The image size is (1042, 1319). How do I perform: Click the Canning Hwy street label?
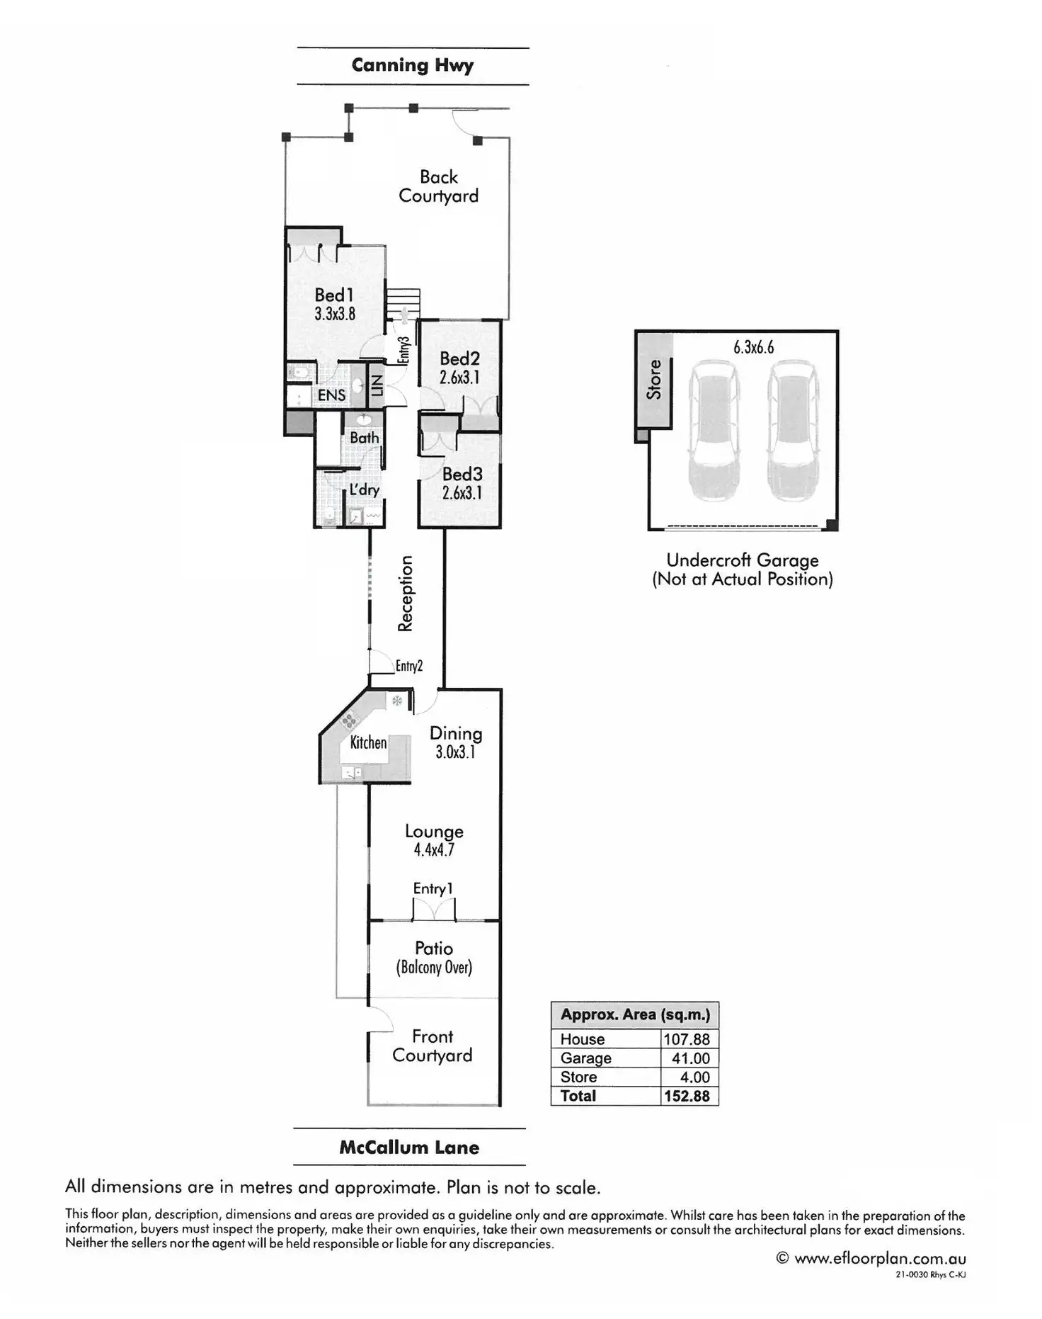[413, 66]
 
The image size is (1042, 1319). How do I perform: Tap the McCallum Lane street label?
[409, 1148]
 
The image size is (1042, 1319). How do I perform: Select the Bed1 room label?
[334, 295]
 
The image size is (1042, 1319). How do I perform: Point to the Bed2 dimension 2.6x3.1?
[459, 378]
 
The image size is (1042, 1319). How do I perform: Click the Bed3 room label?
[462, 474]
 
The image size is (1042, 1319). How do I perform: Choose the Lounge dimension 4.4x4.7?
[434, 850]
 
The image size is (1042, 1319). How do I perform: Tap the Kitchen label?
[368, 742]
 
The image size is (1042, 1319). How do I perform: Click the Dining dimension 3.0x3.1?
[455, 752]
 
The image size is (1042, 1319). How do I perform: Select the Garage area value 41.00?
[690, 1058]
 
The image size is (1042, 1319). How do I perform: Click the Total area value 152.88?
[686, 1096]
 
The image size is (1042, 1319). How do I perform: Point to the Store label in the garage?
[654, 379]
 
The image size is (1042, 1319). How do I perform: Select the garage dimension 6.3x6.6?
[753, 347]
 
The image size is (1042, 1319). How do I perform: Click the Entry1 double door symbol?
[433, 909]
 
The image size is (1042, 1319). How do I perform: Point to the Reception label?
[405, 594]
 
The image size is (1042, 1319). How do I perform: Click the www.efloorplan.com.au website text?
[880, 1258]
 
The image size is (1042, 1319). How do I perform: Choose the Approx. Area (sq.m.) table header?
[635, 1014]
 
